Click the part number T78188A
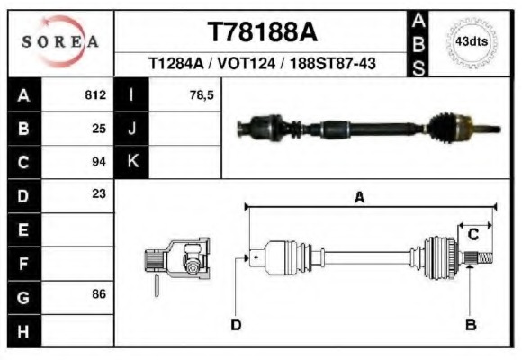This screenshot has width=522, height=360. [x=263, y=32]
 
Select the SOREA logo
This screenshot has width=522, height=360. [x=60, y=42]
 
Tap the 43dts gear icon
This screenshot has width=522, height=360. [x=472, y=41]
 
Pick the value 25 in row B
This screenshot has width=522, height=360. [x=99, y=128]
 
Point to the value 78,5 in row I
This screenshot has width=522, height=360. [x=202, y=94]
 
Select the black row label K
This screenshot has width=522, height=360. [x=132, y=162]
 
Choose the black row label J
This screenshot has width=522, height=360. [x=132, y=128]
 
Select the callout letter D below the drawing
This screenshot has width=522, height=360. [x=236, y=324]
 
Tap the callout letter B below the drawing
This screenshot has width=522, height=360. [x=470, y=324]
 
